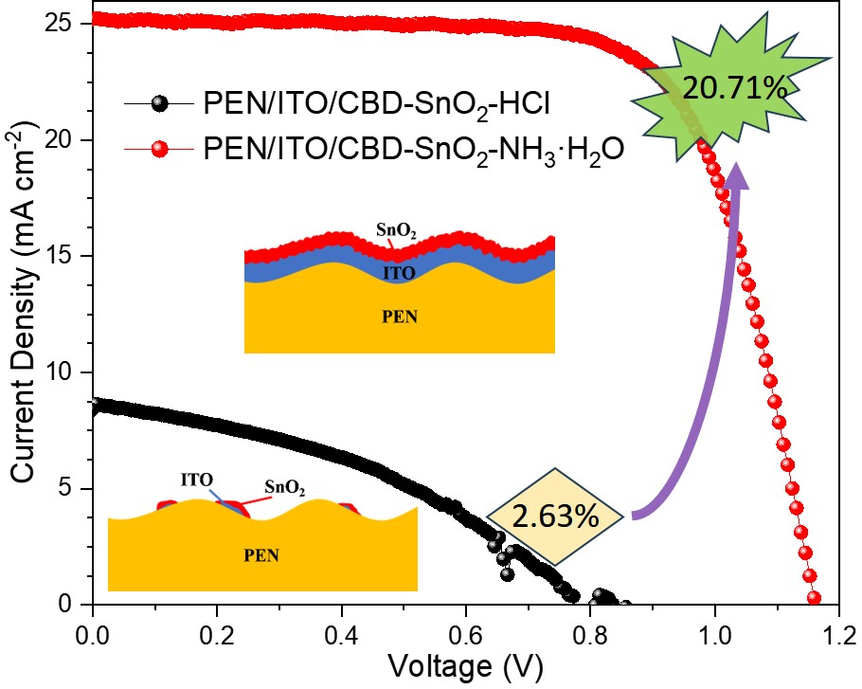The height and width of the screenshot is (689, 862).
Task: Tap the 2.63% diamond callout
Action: pos(556,517)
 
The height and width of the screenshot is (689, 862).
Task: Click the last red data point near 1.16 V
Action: pos(813,598)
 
